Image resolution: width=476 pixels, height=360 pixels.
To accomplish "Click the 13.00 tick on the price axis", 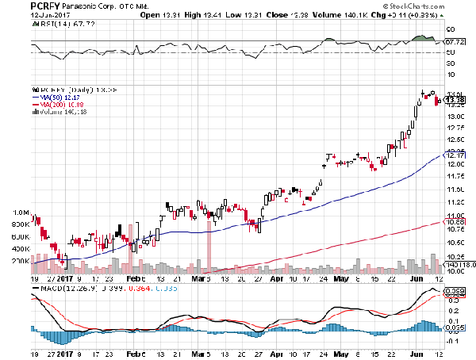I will [x=454, y=117].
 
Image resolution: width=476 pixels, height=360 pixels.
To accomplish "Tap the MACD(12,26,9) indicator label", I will [x=60, y=290].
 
